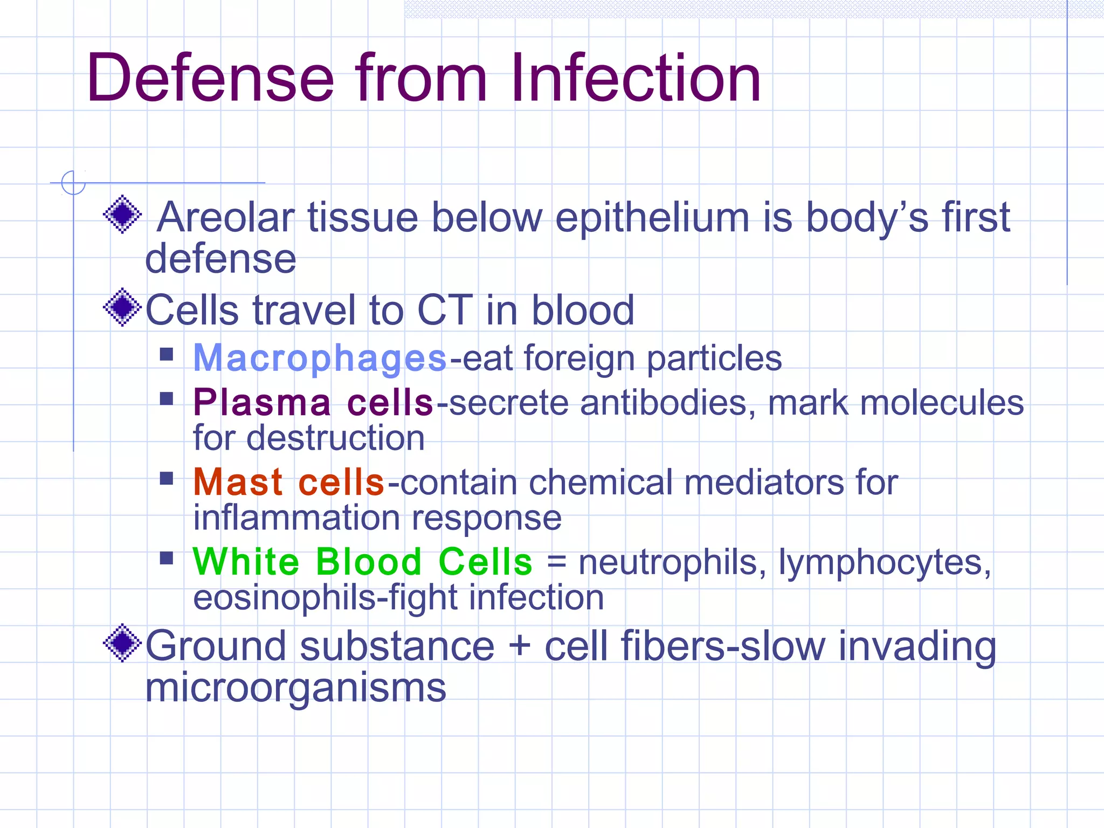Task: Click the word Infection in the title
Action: pos(636,78)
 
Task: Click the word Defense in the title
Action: pos(210,78)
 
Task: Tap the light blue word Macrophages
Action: pos(320,358)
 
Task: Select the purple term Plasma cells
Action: pos(313,403)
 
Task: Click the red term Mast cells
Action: pos(288,482)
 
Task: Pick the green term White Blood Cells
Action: pos(362,562)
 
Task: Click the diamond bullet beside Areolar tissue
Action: pos(122,214)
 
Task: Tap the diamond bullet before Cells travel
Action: pos(122,307)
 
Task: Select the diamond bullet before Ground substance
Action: pos(122,643)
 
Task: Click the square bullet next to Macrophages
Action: pos(167,354)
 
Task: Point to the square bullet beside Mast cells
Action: pos(167,478)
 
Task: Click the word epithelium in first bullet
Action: pos(652,218)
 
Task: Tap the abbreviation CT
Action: pos(445,310)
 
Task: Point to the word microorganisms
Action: pos(295,688)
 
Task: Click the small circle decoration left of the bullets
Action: pos(73,183)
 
